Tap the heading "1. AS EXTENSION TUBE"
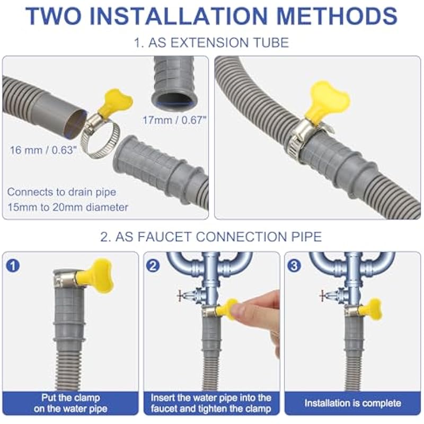point(211,43)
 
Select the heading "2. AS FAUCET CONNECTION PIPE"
point(211,236)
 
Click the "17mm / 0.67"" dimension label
point(174,120)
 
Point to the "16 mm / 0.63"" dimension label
point(43,150)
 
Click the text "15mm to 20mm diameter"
point(68,207)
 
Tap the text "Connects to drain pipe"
point(61,192)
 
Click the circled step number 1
point(13,266)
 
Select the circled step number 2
point(153,266)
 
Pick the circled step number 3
point(294,266)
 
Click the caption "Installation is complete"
point(352,403)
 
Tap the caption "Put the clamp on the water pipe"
point(70,403)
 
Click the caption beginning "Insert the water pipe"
point(211,403)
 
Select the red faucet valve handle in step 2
point(180,295)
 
